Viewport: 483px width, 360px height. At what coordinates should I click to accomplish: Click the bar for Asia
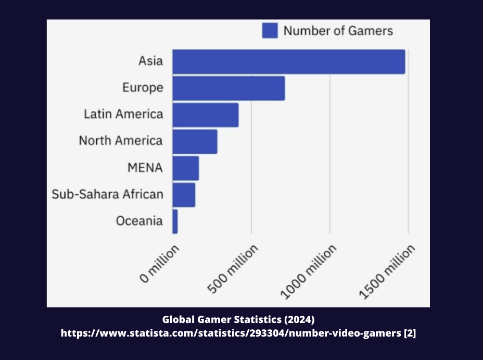(x=288, y=61)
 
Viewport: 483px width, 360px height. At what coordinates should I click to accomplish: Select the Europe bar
(x=228, y=88)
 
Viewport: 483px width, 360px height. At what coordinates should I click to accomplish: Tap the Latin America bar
(x=205, y=115)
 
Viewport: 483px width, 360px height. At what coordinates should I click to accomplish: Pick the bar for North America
(x=195, y=141)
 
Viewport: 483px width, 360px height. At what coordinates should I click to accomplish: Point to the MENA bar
(x=185, y=168)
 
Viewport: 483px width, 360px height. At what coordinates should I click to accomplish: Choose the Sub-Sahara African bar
(x=184, y=194)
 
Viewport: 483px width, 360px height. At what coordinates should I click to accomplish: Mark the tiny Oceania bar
(x=175, y=221)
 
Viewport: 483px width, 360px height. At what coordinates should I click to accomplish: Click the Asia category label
(x=150, y=61)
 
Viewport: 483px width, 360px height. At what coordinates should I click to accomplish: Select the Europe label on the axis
(x=143, y=88)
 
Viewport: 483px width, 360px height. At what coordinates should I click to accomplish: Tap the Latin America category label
(x=123, y=114)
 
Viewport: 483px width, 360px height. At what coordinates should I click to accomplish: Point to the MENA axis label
(x=145, y=168)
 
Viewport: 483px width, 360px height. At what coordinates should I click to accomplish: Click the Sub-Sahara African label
(x=107, y=194)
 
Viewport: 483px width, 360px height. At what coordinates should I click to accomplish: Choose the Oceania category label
(x=139, y=221)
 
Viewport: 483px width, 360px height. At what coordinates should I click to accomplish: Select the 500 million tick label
(x=233, y=269)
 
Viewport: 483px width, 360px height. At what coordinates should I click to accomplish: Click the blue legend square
(x=270, y=31)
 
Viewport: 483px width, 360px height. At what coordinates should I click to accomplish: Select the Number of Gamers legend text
(x=338, y=31)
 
